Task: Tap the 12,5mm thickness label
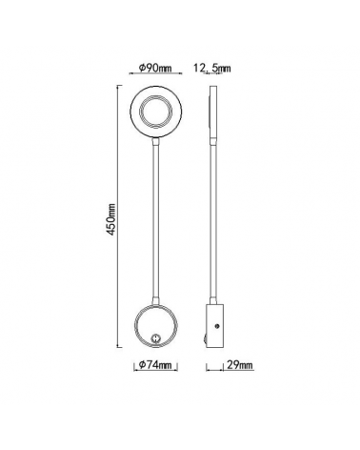click(x=212, y=67)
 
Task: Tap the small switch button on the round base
click(x=156, y=335)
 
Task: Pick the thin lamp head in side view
click(x=211, y=116)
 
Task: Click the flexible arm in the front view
click(x=152, y=219)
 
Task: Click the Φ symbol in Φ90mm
click(x=140, y=67)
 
